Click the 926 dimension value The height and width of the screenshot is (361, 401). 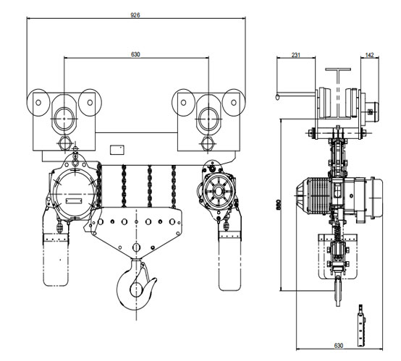135,15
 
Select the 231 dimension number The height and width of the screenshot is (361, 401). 295,55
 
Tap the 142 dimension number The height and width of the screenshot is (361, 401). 370,55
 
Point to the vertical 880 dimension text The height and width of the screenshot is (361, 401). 279,205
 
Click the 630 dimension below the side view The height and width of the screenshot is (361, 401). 338,346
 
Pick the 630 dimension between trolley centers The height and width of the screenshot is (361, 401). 135,54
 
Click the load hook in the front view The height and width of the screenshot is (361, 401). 136,284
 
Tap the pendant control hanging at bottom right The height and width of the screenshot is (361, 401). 361,326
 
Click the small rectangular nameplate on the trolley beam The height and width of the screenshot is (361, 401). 117,150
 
